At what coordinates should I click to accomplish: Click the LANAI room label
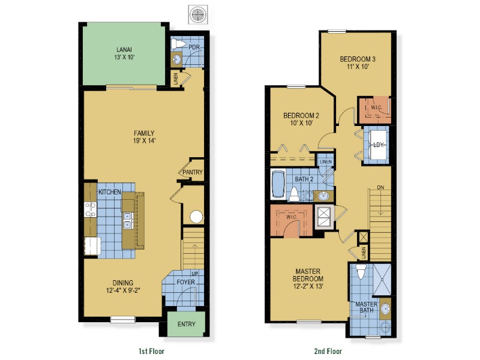(124, 50)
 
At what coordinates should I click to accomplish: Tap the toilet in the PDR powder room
(178, 44)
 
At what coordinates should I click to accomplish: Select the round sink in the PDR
(176, 58)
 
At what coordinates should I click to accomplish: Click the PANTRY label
(193, 172)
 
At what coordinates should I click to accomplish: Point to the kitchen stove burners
(91, 209)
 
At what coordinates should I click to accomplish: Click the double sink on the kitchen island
(128, 221)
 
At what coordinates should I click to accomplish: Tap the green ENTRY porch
(186, 324)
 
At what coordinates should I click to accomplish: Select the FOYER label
(186, 282)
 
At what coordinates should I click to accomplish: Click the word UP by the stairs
(194, 274)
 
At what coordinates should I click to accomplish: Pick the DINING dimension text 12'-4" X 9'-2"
(123, 290)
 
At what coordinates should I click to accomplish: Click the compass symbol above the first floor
(198, 14)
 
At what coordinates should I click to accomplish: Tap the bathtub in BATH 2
(278, 184)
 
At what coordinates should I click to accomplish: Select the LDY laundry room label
(379, 145)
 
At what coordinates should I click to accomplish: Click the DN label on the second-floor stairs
(380, 187)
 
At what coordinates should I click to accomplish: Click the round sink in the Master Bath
(385, 308)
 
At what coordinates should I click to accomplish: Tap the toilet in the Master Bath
(362, 272)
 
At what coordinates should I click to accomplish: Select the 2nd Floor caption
(328, 351)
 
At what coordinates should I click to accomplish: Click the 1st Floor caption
(152, 351)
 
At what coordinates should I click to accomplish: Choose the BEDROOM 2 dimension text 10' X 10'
(302, 123)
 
